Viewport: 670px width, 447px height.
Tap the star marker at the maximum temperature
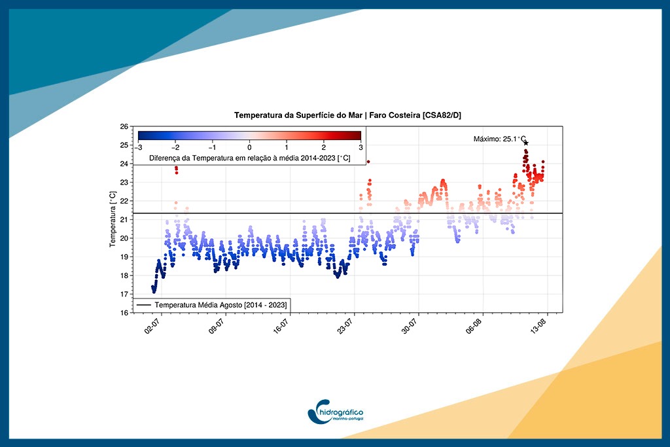(x=526, y=143)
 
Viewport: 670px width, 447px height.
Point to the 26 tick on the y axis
(x=124, y=126)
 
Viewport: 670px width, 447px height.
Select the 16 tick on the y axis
(x=124, y=313)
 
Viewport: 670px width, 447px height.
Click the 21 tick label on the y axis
(x=124, y=220)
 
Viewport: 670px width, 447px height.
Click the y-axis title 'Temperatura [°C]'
(x=113, y=219)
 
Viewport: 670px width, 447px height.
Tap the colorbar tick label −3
(x=138, y=148)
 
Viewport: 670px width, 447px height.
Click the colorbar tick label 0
(x=249, y=148)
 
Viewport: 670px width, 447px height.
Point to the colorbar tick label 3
(x=360, y=148)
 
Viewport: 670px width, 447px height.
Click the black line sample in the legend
(x=144, y=305)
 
